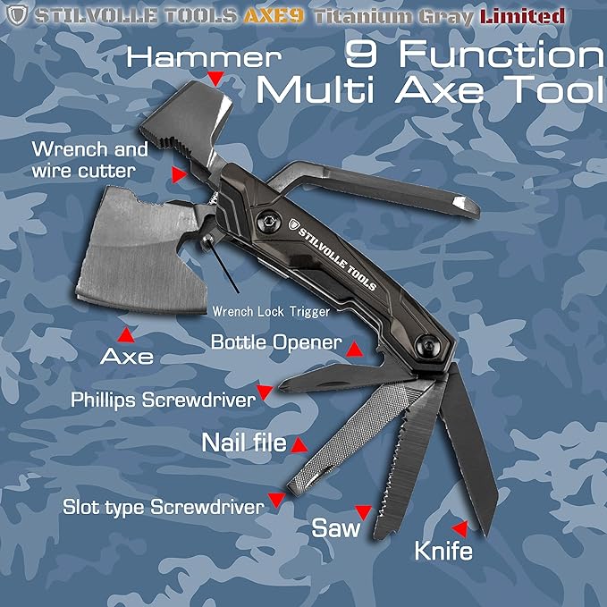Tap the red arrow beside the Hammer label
(215, 79)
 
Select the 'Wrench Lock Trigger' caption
(271, 311)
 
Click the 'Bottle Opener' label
(276, 342)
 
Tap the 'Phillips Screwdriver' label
(164, 400)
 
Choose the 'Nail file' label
(243, 443)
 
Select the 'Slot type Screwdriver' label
(164, 507)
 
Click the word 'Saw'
(336, 527)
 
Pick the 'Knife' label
(443, 551)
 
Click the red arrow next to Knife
(460, 527)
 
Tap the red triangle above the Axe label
(127, 334)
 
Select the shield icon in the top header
(15, 15)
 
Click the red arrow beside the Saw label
(362, 511)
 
